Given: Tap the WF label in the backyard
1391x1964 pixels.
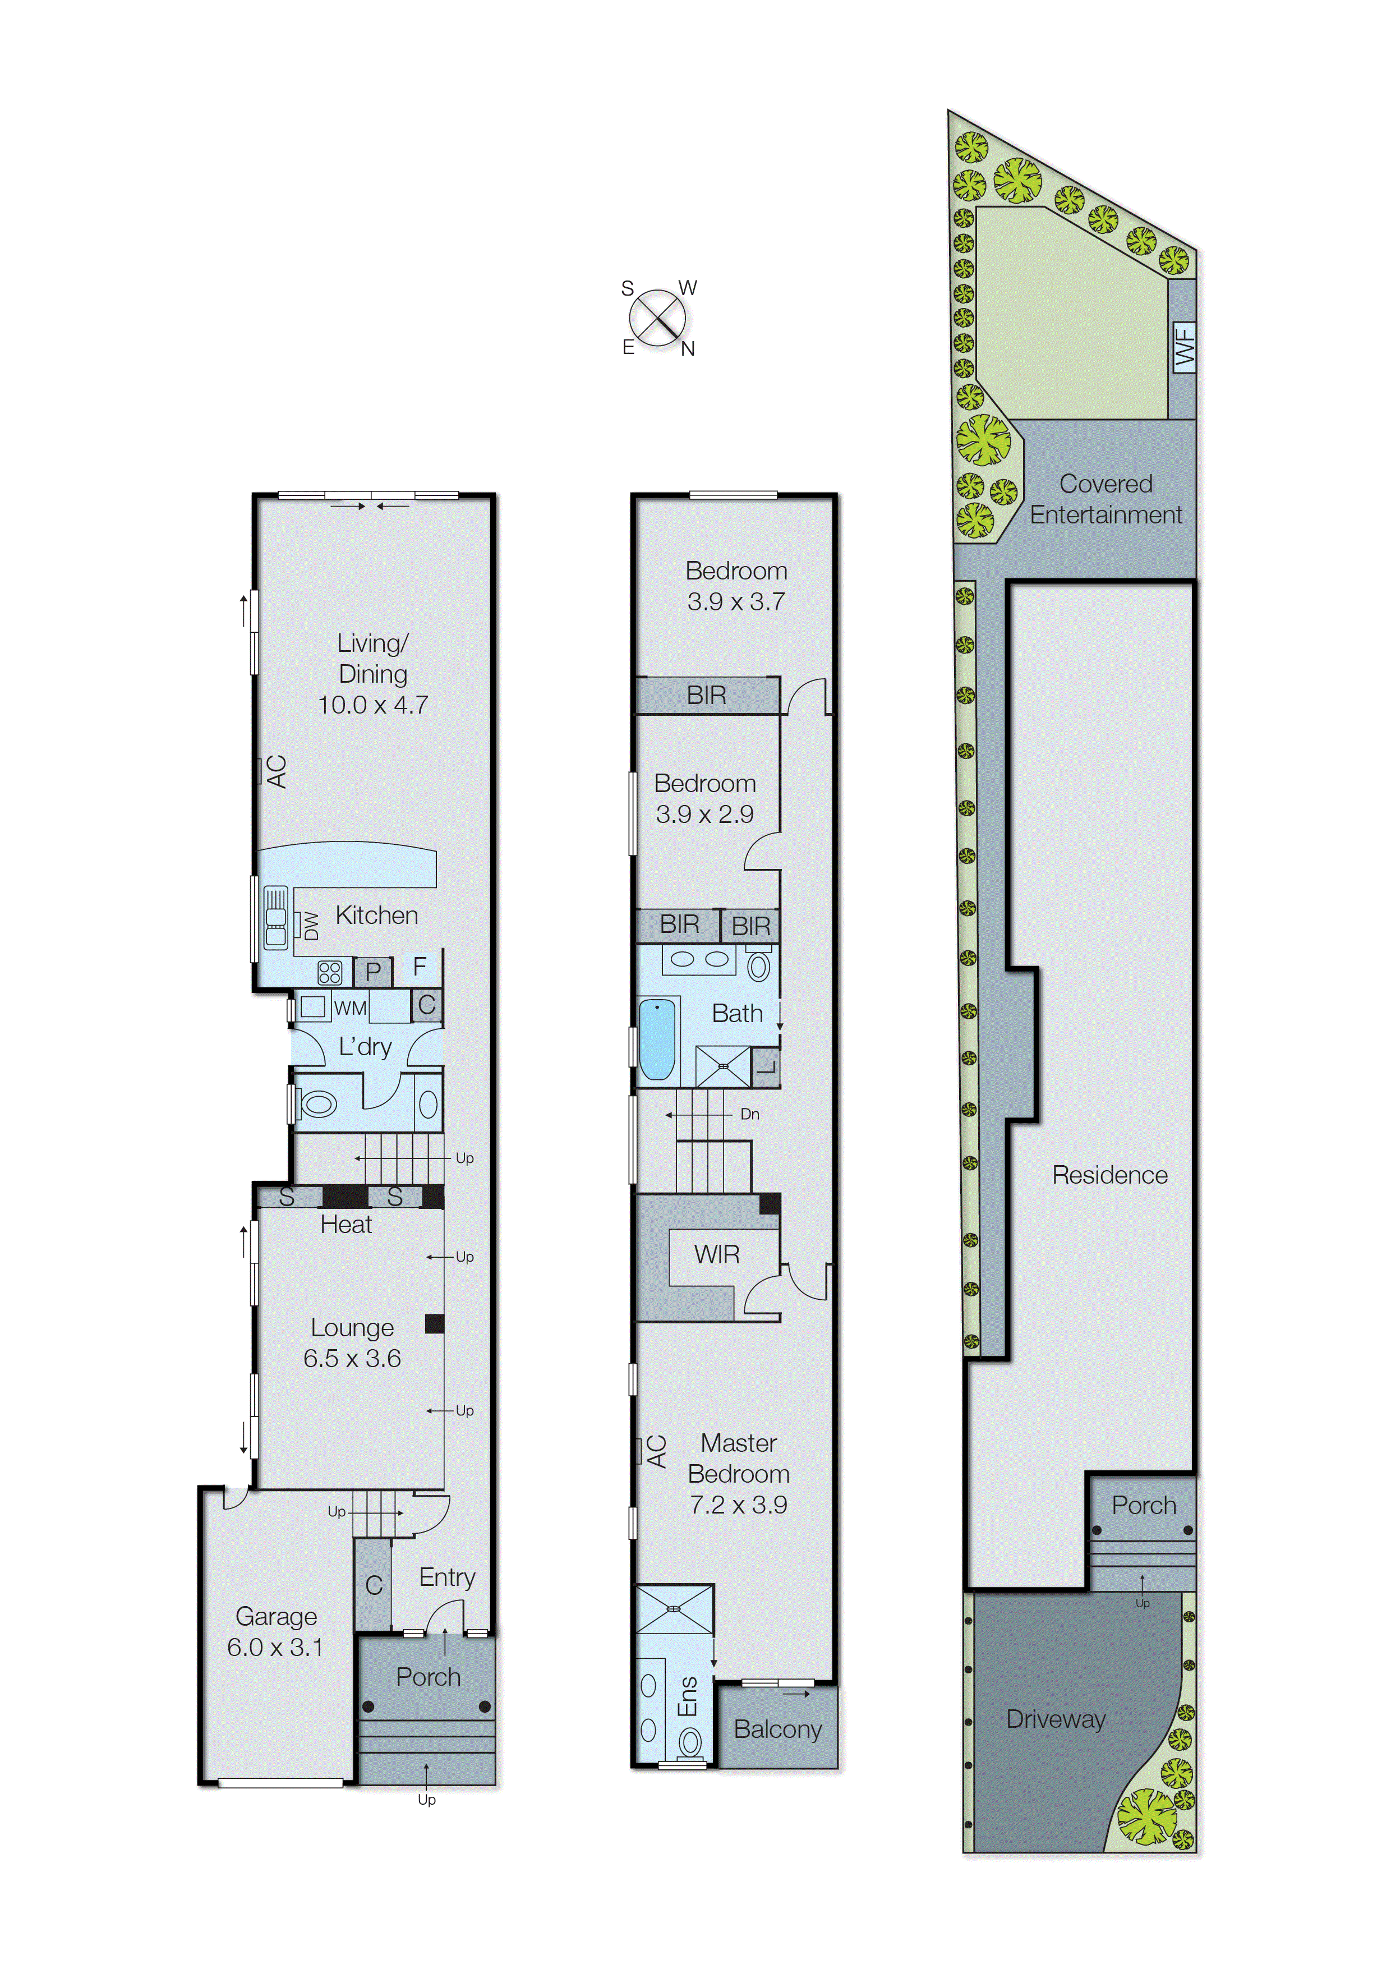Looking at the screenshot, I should [1183, 346].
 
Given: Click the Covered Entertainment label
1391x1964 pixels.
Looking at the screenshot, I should [1105, 499].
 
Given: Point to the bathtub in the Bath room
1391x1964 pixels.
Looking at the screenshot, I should [657, 1039].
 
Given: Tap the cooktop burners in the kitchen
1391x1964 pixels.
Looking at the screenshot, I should [330, 972].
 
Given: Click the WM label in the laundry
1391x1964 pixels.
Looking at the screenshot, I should [351, 1008].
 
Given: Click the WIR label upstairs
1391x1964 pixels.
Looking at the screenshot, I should [717, 1255].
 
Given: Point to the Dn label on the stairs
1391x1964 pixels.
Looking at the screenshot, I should [749, 1114].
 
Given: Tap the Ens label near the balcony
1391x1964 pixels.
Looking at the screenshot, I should [688, 1696].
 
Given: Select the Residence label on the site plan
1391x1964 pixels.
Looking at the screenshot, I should [1109, 1175].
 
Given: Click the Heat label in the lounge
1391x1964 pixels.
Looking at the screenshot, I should [346, 1225].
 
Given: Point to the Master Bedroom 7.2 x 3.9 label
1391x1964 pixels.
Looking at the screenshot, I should [738, 1473].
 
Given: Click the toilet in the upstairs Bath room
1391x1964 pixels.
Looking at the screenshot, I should [759, 965].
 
